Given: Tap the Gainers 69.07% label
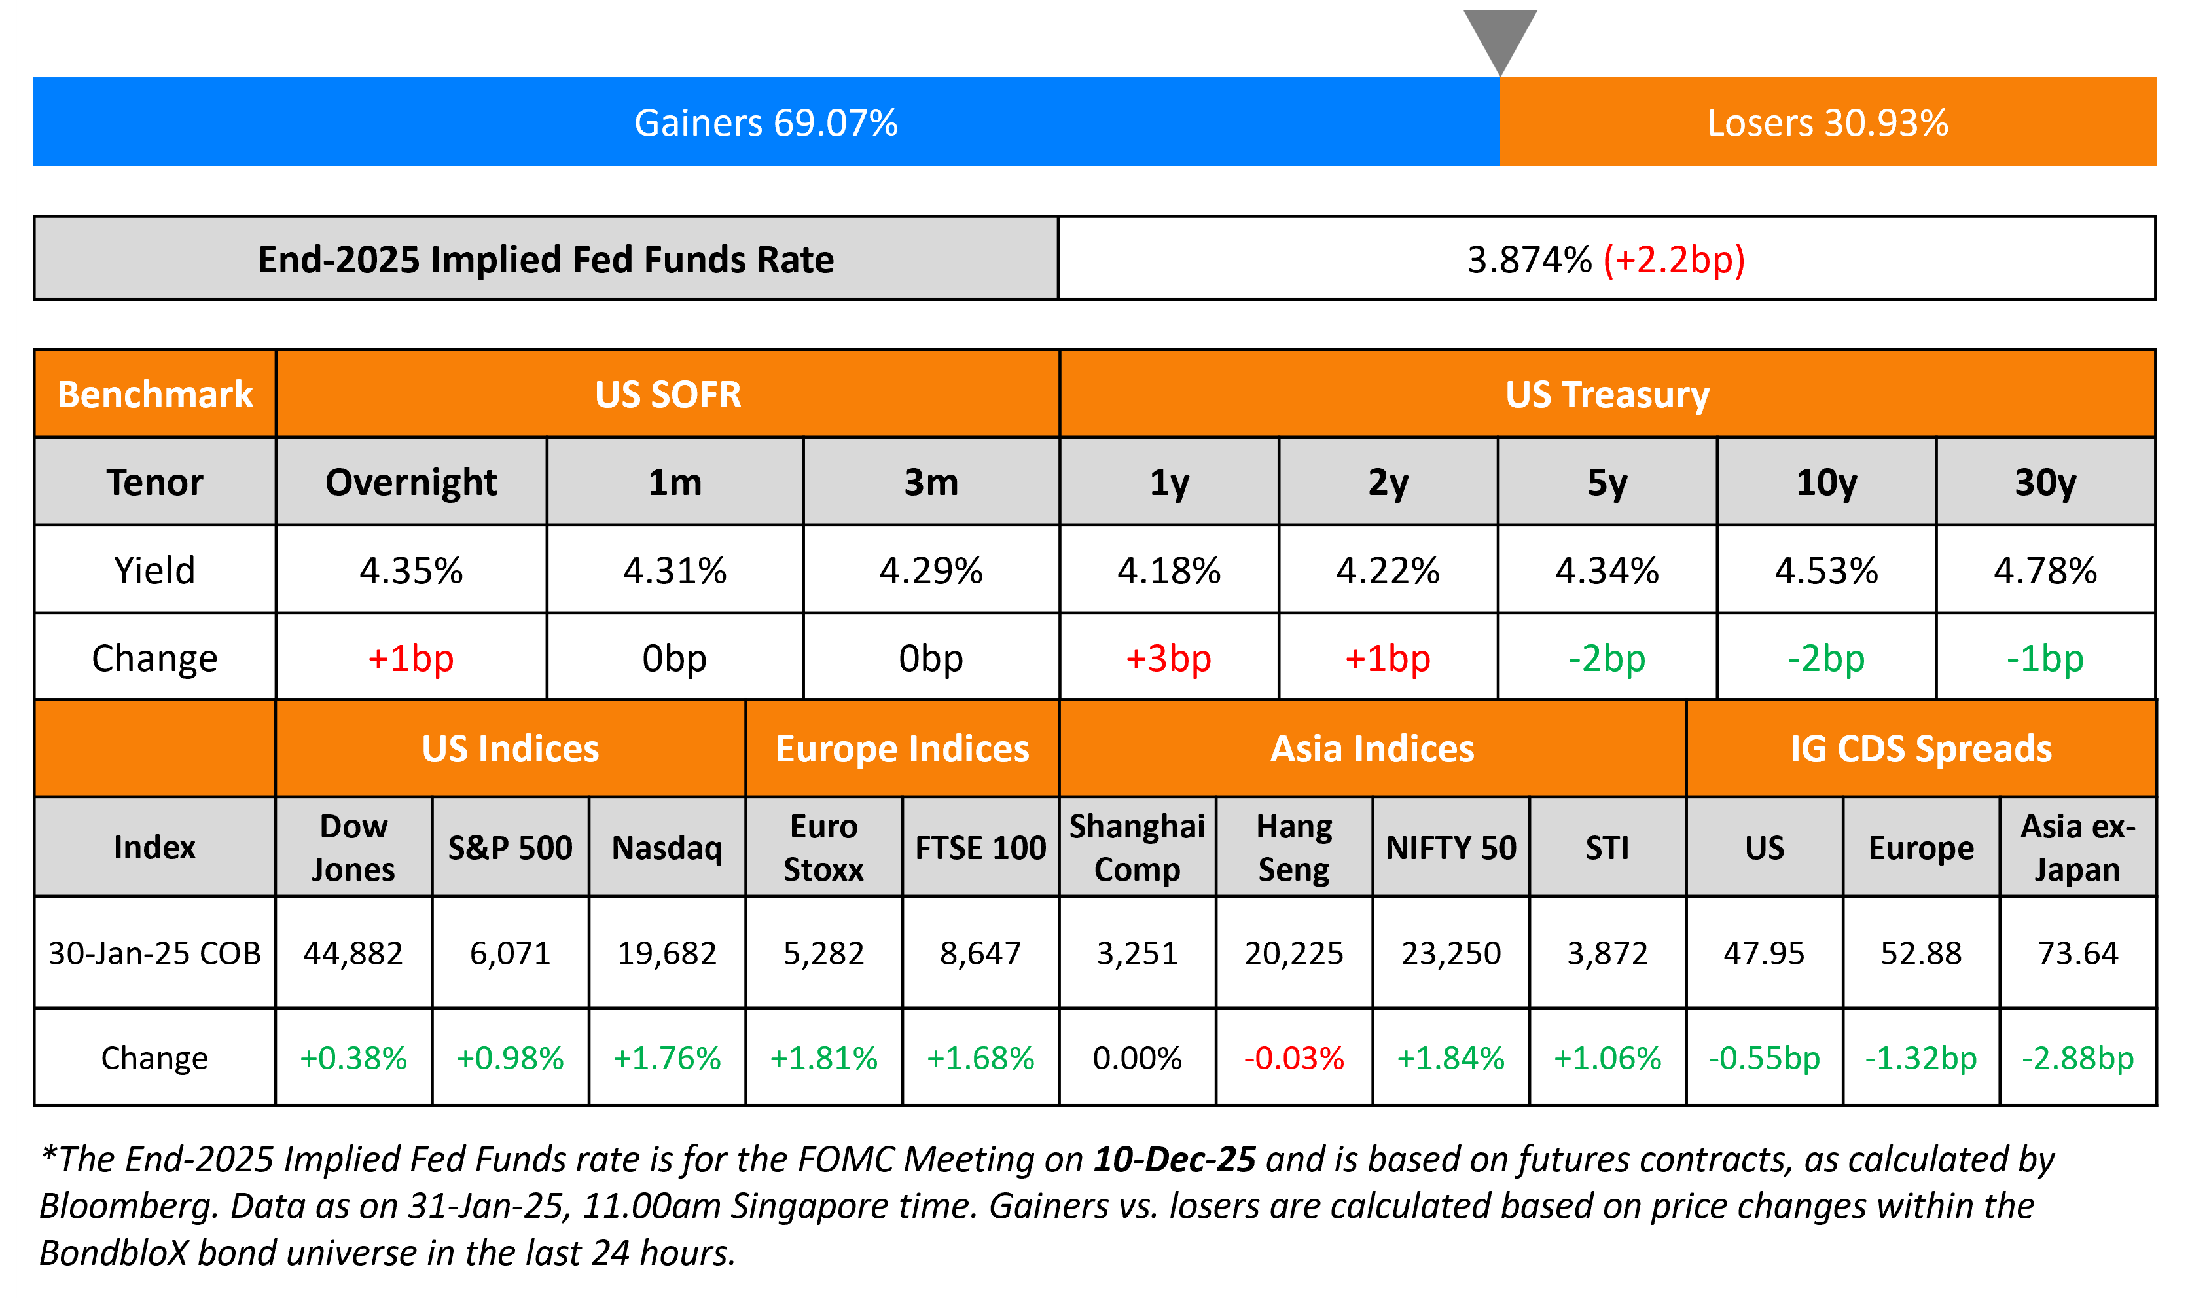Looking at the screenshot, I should tap(766, 122).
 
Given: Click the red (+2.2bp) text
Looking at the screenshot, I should tap(1674, 260).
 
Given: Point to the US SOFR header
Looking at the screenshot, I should tap(668, 395).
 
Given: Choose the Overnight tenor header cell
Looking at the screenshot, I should tap(410, 483).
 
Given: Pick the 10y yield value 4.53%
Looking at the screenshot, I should tap(1826, 571).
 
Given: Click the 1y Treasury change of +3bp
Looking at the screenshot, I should tap(1168, 658).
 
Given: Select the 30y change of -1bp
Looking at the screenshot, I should tap(2045, 658).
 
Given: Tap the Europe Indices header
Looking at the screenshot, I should tap(902, 749).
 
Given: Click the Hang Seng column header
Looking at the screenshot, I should tap(1293, 847).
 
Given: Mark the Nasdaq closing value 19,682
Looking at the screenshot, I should tap(667, 953).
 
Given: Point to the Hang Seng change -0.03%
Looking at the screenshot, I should tap(1293, 1058).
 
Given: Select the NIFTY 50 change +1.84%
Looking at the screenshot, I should tap(1450, 1058).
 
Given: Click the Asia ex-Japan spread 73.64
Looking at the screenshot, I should tap(2077, 953).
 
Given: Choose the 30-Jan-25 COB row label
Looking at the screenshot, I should tap(155, 953).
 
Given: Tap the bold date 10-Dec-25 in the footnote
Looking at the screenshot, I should tap(1174, 1160).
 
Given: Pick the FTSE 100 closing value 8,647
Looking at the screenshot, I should tap(980, 953).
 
